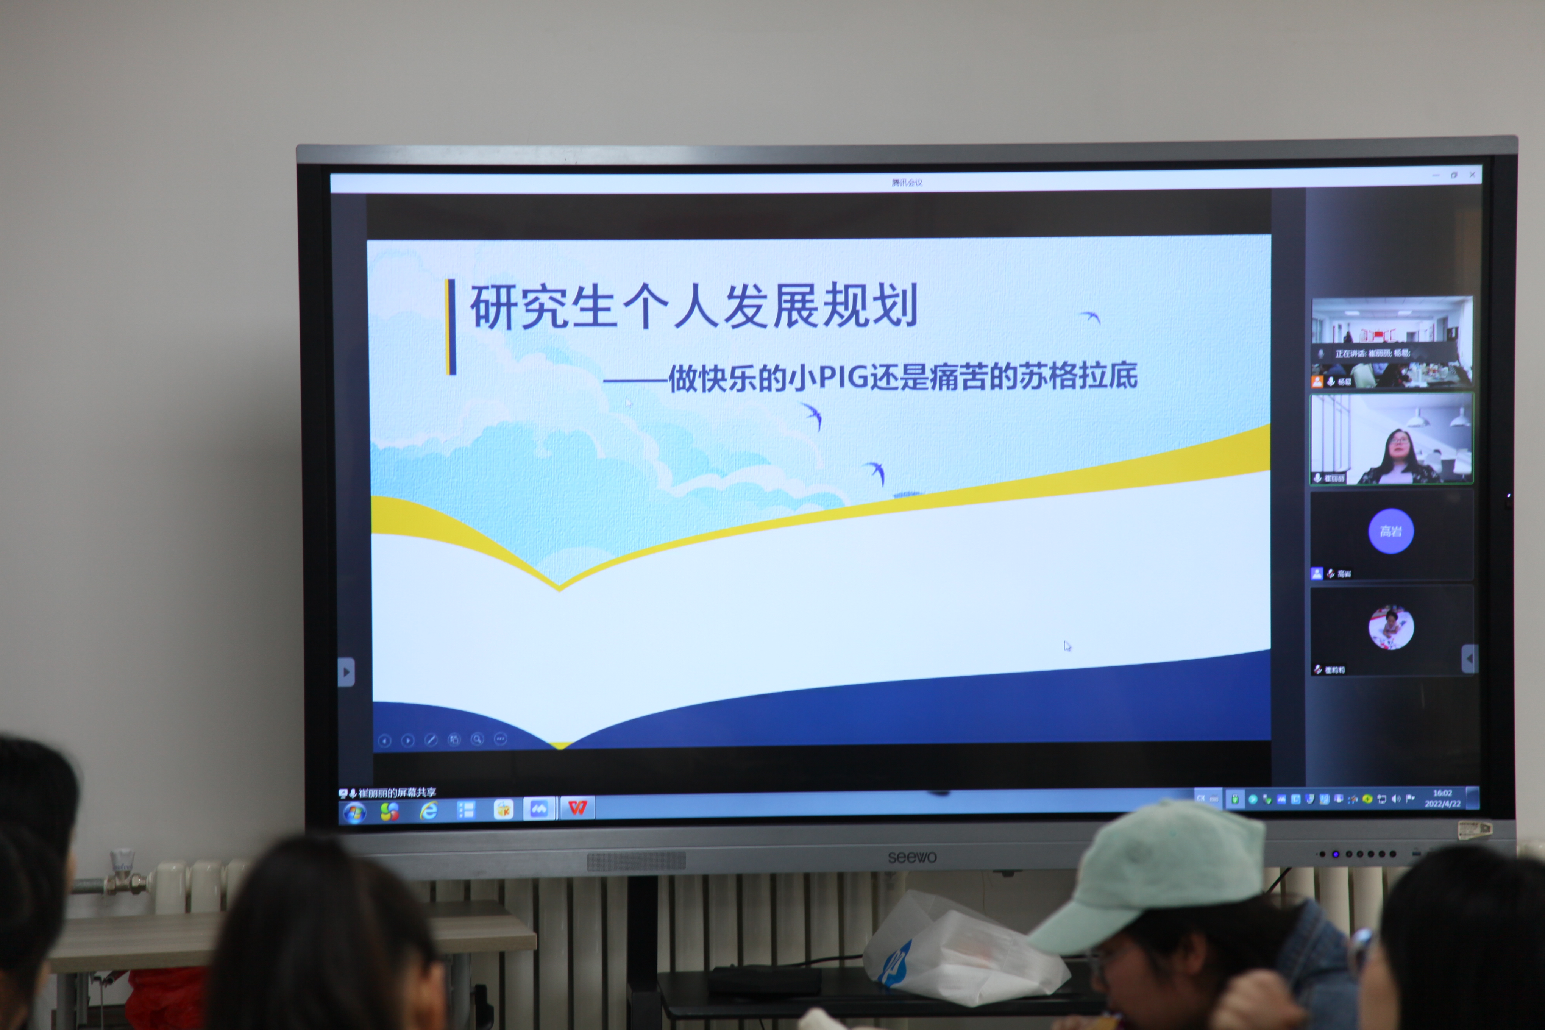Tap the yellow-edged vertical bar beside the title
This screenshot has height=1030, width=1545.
(x=451, y=326)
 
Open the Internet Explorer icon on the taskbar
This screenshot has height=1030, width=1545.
(x=428, y=811)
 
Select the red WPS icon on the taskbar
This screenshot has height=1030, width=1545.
(x=577, y=807)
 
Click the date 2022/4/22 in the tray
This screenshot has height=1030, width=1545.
(x=1442, y=804)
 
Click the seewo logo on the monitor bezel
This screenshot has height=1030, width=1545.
(x=912, y=857)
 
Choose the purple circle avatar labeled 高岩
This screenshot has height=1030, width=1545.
(x=1390, y=531)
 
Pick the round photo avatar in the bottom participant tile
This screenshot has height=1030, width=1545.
(x=1390, y=627)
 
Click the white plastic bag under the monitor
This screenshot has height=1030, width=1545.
(x=959, y=952)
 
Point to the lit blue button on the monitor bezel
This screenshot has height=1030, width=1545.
(x=1336, y=854)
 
